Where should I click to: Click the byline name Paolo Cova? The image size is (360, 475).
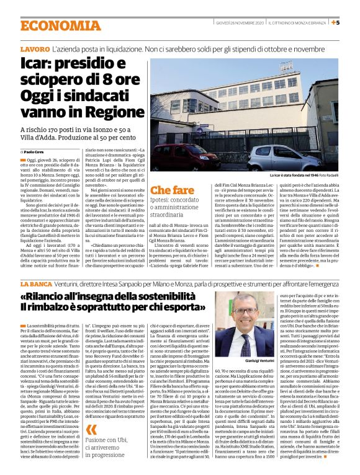point(35,151)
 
